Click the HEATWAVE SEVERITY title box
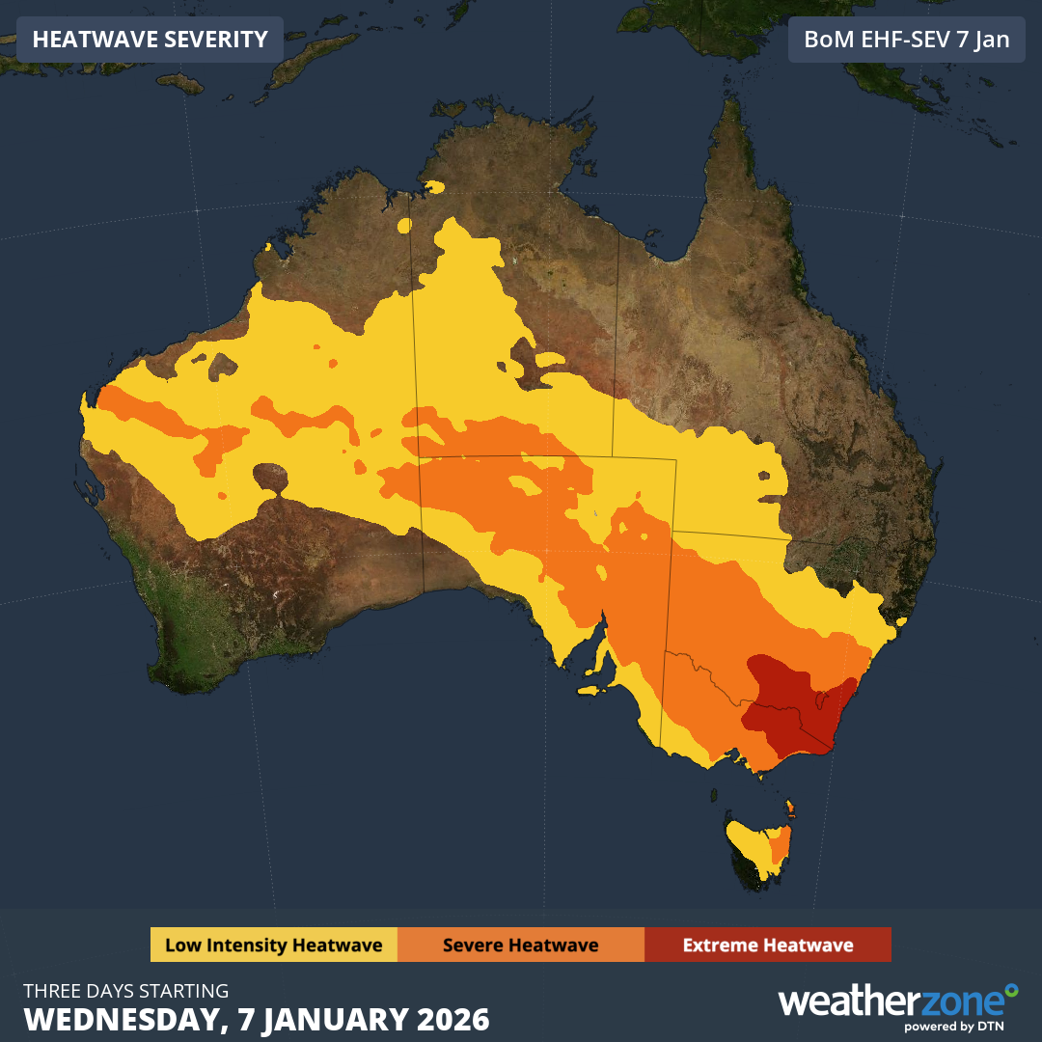(150, 40)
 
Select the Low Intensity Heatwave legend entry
(273, 945)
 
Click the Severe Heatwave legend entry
(520, 945)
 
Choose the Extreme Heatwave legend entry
(767, 945)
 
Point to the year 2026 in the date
(452, 1019)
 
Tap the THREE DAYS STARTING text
(125, 991)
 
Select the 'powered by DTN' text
(954, 1027)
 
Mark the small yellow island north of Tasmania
(790, 805)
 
